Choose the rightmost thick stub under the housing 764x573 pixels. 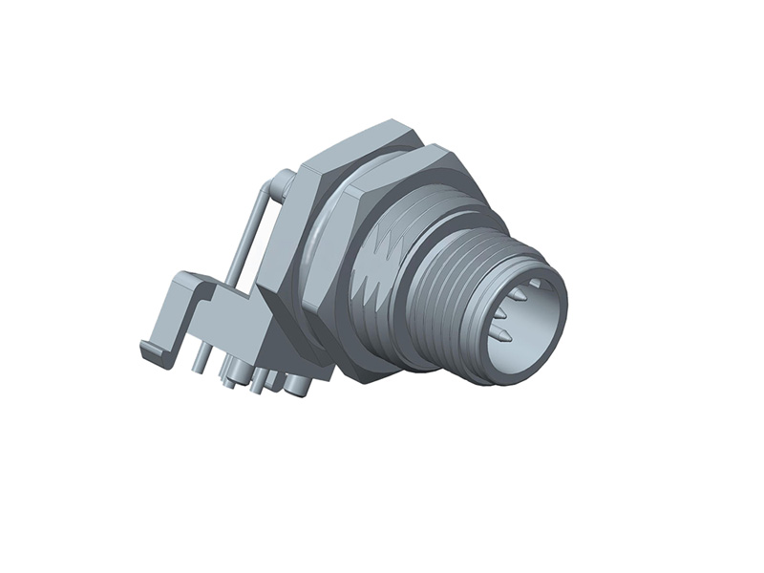click(297, 387)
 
